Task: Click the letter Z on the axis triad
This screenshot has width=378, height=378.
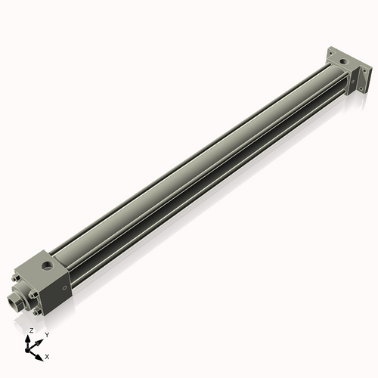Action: pos(31,330)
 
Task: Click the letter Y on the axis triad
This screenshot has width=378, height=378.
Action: pos(47,335)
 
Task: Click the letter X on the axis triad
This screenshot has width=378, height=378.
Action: pos(47,355)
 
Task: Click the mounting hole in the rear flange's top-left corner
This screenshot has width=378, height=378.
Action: pos(331,54)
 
